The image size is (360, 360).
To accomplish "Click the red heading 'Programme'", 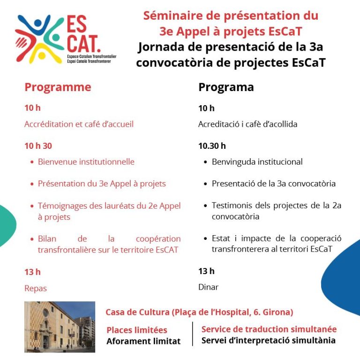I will [x=58, y=87].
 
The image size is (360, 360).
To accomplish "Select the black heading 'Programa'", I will [x=226, y=87].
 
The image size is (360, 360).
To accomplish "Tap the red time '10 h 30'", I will [x=38, y=146].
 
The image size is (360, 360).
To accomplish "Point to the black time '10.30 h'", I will [x=212, y=146].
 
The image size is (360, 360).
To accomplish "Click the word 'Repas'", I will [x=36, y=288].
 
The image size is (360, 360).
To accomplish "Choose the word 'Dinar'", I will [x=208, y=287].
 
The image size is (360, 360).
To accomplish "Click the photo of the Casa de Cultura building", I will [x=60, y=327].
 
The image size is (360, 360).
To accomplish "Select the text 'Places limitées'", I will [x=136, y=330].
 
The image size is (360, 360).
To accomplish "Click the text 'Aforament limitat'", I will [x=143, y=341].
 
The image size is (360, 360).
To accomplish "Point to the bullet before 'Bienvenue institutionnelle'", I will [x=32, y=162].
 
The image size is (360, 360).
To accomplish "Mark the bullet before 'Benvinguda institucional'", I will [x=206, y=162].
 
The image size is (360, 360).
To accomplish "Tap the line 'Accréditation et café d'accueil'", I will [x=79, y=124].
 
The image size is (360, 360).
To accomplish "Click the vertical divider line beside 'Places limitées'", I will [x=192, y=334].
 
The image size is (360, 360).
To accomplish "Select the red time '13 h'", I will [x=32, y=272].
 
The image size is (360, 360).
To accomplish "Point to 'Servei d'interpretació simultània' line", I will [x=268, y=340].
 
